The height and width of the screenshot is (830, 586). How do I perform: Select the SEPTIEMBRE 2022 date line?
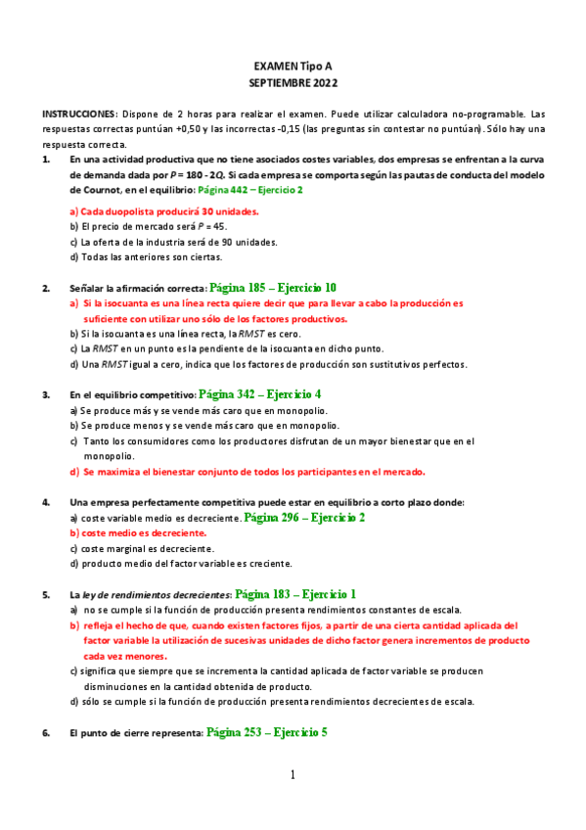293,83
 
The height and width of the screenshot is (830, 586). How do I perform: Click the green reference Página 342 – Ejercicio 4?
259,394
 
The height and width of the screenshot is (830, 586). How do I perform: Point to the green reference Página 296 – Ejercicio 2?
304,518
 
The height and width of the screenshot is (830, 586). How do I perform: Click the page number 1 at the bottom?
293,776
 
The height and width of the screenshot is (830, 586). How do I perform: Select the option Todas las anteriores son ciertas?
146,257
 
